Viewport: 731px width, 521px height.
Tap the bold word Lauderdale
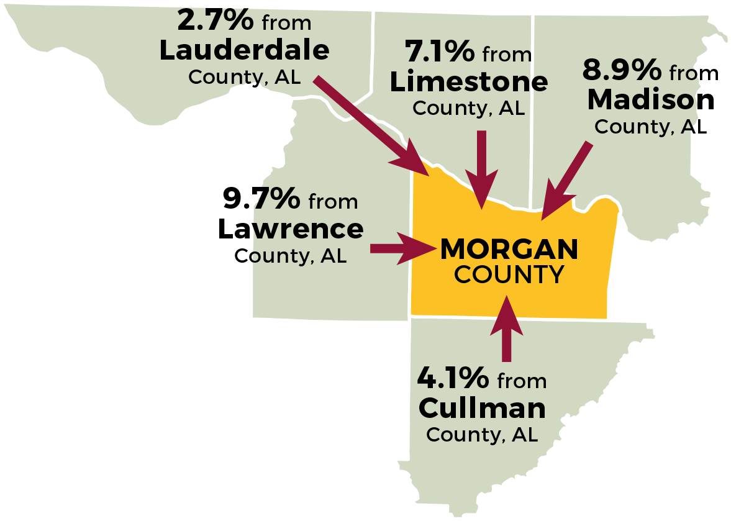pos(244,51)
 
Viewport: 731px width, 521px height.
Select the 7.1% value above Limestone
pos(439,52)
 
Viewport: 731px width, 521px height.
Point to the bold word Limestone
pos(469,82)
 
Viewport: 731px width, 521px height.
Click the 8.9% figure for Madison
pos(622,70)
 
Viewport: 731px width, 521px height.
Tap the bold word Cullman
pos(482,408)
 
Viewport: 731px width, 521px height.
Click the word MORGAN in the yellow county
pos(509,250)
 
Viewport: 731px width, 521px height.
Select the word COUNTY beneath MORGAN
pos(509,274)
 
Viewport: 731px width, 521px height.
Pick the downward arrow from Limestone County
pos(481,168)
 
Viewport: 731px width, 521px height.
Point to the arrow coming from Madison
pos(565,181)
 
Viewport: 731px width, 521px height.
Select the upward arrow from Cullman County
pos(507,329)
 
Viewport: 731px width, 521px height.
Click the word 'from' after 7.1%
pos(507,55)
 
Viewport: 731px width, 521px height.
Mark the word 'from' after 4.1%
pos(522,381)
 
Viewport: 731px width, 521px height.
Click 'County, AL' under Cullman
pos(482,435)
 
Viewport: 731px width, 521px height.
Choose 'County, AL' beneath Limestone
pos(469,108)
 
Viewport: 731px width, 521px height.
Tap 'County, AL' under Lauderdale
pos(244,77)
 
